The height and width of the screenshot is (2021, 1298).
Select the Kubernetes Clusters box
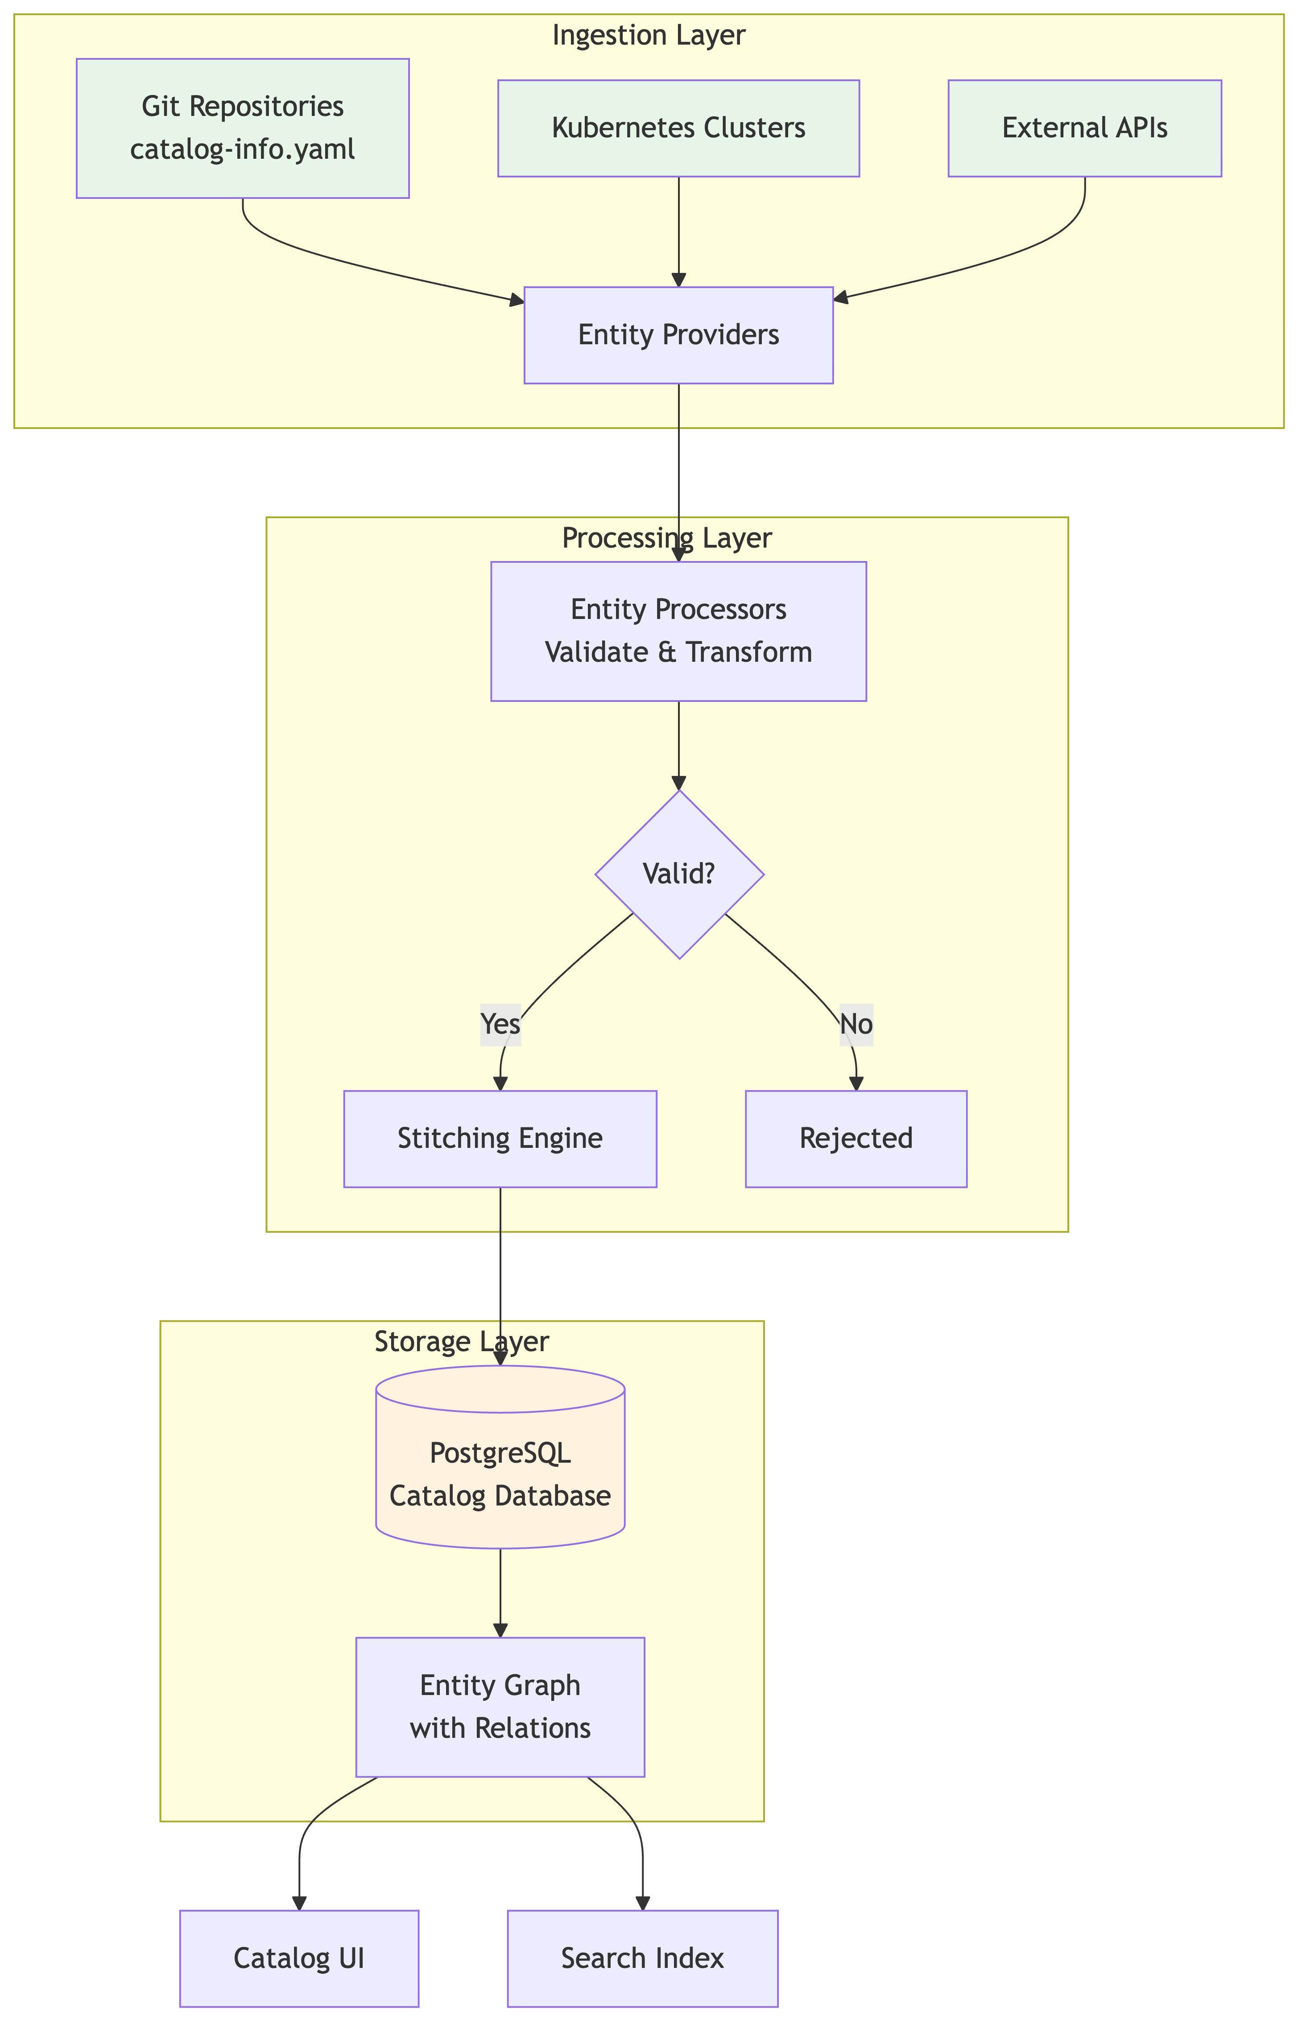[678, 128]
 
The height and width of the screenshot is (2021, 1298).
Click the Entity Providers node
[678, 335]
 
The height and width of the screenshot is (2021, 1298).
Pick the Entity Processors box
[678, 631]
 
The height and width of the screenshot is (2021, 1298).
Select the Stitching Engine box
[500, 1139]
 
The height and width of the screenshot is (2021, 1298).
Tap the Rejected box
[856, 1139]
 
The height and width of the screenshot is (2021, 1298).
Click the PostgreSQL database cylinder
[500, 1474]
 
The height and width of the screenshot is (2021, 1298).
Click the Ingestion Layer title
[648, 35]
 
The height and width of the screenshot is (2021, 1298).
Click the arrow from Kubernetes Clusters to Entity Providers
[678, 232]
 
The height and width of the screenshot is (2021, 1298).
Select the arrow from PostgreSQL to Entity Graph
[500, 1592]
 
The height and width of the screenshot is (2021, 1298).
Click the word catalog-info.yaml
[243, 149]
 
